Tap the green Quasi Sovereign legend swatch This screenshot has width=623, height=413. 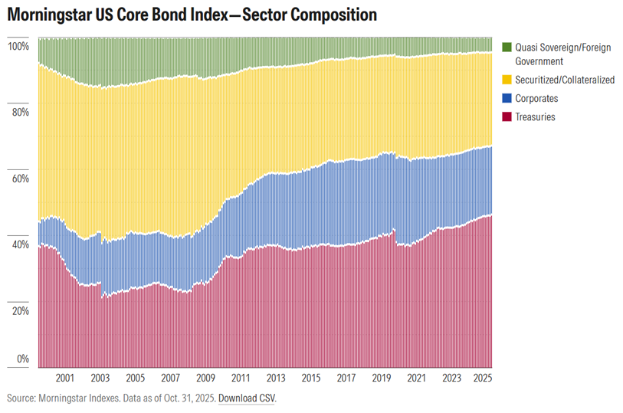[506, 48]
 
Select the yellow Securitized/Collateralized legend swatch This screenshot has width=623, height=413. [506, 80]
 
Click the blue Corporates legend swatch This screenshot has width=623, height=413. [506, 99]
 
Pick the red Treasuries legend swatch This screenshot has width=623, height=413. [506, 117]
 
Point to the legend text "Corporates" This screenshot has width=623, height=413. [536, 99]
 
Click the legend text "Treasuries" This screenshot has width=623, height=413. [535, 117]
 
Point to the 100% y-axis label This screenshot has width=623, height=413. [18, 46]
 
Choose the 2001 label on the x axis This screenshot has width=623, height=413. [64, 379]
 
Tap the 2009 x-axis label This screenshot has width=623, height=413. [205, 379]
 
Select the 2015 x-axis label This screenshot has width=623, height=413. [311, 379]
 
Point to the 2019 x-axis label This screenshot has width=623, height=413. [382, 379]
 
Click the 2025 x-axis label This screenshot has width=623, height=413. [483, 379]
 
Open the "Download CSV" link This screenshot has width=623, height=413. [245, 399]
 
